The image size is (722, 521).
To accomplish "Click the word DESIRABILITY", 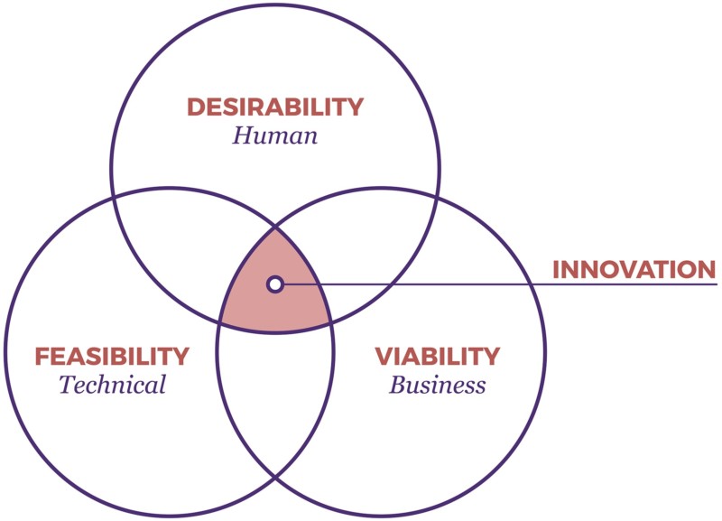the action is (x=275, y=107).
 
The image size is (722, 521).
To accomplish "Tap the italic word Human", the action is (x=275, y=135).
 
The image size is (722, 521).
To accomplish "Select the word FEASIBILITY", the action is (x=112, y=356).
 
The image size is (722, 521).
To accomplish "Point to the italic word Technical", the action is (x=112, y=385).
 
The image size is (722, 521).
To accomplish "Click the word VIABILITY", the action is (x=438, y=356).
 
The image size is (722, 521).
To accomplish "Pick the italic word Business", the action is (x=438, y=386).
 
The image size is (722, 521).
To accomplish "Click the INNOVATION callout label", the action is (x=634, y=270).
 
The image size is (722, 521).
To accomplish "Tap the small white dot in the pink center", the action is (x=275, y=284).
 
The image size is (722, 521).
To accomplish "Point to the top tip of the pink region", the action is (x=275, y=228).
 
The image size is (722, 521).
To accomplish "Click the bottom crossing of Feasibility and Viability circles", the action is (x=275, y=478).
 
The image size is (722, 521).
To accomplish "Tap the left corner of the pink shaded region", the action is (x=219, y=322).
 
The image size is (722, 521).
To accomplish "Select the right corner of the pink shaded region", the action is (x=331, y=322).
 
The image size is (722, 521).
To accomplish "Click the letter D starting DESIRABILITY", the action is (x=196, y=107).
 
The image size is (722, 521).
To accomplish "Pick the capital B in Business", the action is (x=399, y=385).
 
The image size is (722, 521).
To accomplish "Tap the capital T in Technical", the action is (x=69, y=384).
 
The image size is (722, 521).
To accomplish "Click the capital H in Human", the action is (x=244, y=135).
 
